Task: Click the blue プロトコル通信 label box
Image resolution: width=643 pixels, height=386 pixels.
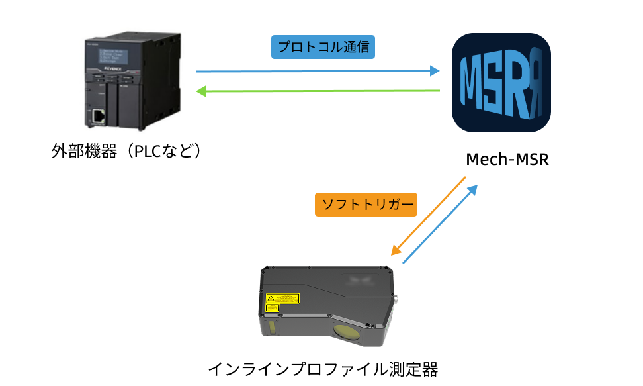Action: pyautogui.click(x=323, y=48)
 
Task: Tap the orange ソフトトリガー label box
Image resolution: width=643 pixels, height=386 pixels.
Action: pyautogui.click(x=365, y=204)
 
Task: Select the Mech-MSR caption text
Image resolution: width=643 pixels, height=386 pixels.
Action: pyautogui.click(x=507, y=160)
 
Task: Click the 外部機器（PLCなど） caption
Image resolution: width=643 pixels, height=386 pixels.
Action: pyautogui.click(x=126, y=152)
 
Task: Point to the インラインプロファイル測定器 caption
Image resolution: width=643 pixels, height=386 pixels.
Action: pyautogui.click(x=323, y=368)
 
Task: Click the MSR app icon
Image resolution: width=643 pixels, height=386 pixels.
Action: pyautogui.click(x=501, y=83)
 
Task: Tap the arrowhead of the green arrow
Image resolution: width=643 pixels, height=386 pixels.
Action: pyautogui.click(x=201, y=91)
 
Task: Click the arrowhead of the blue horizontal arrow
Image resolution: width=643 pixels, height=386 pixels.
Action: pyautogui.click(x=435, y=71)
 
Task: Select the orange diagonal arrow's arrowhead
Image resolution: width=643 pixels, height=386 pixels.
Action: pyautogui.click(x=395, y=251)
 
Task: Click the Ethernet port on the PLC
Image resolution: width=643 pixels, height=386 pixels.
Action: pyautogui.click(x=98, y=116)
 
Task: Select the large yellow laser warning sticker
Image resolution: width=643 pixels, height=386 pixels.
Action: pyautogui.click(x=282, y=299)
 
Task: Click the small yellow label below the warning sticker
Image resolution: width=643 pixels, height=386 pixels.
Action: pyautogui.click(x=271, y=308)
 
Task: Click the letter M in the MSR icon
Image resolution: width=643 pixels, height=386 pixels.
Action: pyautogui.click(x=472, y=83)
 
